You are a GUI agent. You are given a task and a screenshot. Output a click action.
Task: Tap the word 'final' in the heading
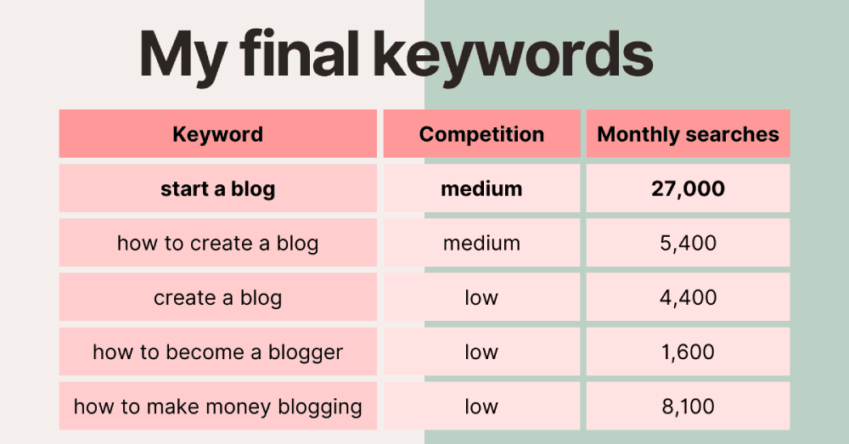pyautogui.click(x=300, y=53)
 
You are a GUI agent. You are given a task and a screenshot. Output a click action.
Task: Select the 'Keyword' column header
pyautogui.click(x=217, y=134)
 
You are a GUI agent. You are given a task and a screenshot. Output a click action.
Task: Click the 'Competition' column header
pyautogui.click(x=482, y=134)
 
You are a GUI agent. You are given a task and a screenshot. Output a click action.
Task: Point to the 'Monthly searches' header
pyautogui.click(x=689, y=134)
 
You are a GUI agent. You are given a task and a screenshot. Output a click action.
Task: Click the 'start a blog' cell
pyautogui.click(x=217, y=188)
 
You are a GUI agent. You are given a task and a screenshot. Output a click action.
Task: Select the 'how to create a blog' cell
pyautogui.click(x=217, y=243)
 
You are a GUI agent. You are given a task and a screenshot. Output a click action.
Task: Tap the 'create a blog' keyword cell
pyautogui.click(x=217, y=297)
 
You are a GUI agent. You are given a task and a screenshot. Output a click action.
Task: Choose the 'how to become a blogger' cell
pyautogui.click(x=217, y=352)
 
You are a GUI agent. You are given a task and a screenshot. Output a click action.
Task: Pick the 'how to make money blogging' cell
pyautogui.click(x=217, y=406)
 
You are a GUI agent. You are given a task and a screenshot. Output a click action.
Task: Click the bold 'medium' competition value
pyautogui.click(x=482, y=188)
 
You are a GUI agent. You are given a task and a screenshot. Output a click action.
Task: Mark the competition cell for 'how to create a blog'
pyautogui.click(x=482, y=243)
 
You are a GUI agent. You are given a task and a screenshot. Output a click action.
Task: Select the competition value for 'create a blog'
pyautogui.click(x=481, y=297)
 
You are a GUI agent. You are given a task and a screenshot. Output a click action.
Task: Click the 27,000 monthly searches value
pyautogui.click(x=689, y=189)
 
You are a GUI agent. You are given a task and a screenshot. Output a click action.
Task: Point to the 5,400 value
pyautogui.click(x=689, y=244)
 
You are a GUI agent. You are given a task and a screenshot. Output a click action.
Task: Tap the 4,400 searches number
pyautogui.click(x=689, y=298)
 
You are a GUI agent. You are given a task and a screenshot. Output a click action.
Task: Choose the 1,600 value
pyautogui.click(x=689, y=352)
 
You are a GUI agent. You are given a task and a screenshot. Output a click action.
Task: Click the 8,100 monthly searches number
pyautogui.click(x=689, y=407)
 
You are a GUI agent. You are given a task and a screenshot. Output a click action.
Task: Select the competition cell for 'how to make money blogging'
pyautogui.click(x=482, y=406)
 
